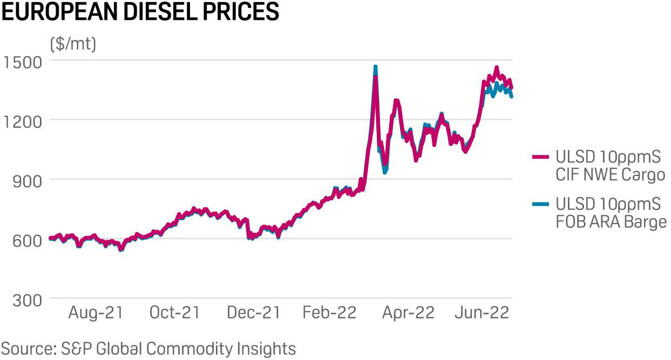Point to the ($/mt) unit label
(73, 44)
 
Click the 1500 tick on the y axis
(23, 62)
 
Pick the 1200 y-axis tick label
(23, 121)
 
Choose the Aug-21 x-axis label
(96, 313)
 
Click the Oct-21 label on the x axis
(174, 313)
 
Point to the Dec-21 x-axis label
(253, 313)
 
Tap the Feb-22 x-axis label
(329, 313)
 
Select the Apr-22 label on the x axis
(408, 313)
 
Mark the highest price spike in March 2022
(375, 67)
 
